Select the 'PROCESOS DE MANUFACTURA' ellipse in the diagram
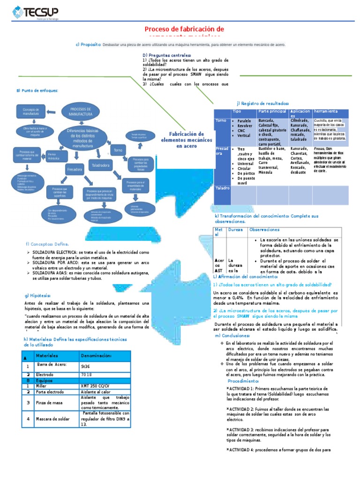click(81, 112)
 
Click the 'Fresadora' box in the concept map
click(75, 168)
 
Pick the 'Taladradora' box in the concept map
click(100, 165)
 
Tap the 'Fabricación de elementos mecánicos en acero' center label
click(180, 140)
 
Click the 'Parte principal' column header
click(272, 112)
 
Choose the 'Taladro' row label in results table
click(222, 188)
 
